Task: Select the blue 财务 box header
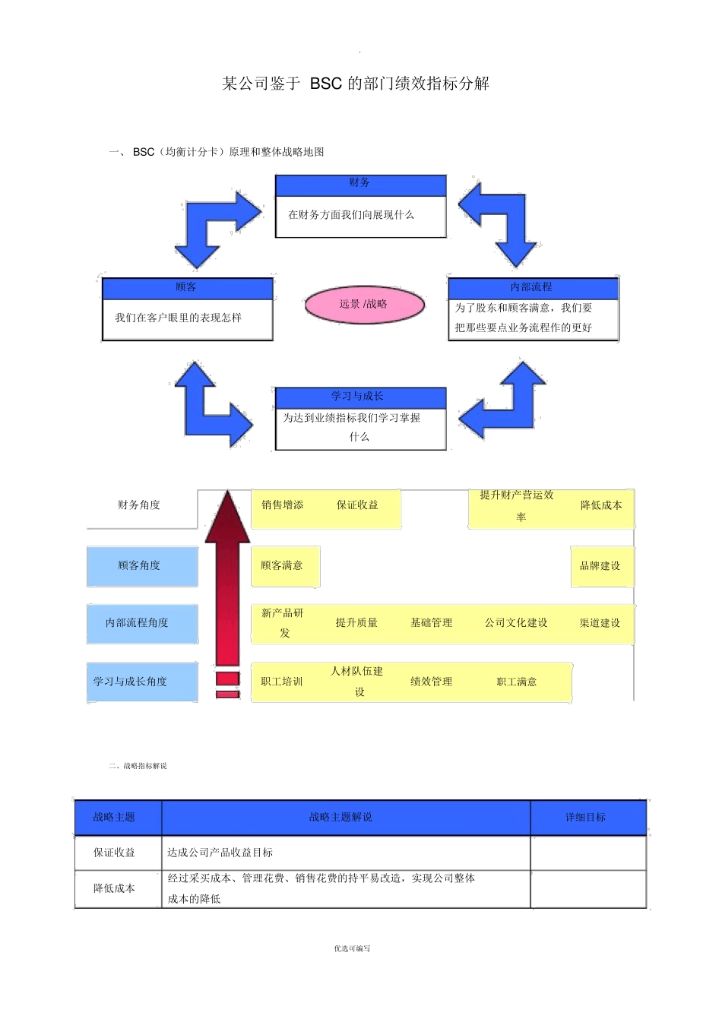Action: click(360, 184)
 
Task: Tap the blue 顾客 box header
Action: click(187, 288)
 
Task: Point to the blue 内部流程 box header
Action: click(532, 287)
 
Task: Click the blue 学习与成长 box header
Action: click(359, 397)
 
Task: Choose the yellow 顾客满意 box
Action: click(284, 566)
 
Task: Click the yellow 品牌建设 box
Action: click(600, 566)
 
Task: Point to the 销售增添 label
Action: click(283, 505)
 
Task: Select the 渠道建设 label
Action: click(600, 623)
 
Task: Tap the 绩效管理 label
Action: click(431, 682)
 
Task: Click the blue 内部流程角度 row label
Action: click(141, 623)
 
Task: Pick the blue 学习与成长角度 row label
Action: click(141, 682)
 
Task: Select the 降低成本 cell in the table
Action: click(116, 888)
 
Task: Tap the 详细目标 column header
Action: click(586, 818)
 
